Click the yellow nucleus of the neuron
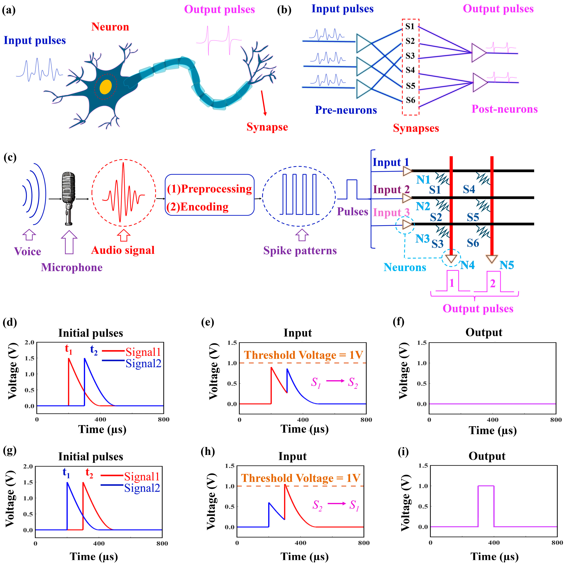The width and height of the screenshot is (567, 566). tap(105, 87)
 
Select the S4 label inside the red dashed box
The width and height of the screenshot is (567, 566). tap(410, 70)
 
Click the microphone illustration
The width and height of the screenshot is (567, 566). tap(69, 198)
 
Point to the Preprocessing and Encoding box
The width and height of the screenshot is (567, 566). tap(210, 195)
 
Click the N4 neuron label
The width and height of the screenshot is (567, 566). tap(467, 265)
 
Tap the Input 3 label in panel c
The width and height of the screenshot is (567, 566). tap(391, 212)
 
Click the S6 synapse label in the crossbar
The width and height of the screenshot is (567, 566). tap(473, 243)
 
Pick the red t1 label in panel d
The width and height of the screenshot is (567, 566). tap(68, 349)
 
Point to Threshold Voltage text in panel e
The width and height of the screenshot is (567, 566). tap(303, 355)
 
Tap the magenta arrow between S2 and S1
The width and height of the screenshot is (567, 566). tap(337, 504)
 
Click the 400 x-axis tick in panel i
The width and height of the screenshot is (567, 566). tap(494, 542)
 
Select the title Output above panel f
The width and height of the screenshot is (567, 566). tap(484, 332)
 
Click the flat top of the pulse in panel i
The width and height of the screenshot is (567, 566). tap(486, 486)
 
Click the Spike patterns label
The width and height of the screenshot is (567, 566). tap(300, 251)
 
